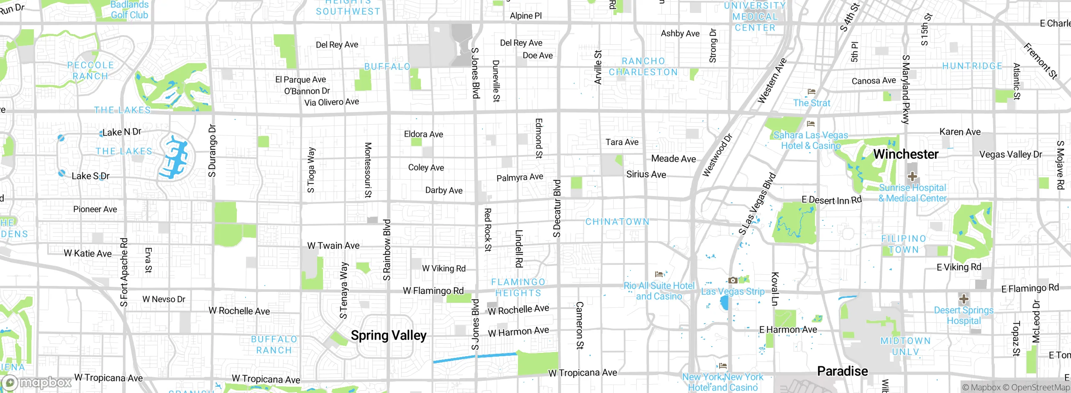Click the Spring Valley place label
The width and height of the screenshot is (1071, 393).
(389, 335)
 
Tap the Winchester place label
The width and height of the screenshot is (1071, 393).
(906, 154)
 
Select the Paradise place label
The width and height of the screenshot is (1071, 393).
(842, 371)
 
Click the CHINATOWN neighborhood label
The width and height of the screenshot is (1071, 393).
(617, 222)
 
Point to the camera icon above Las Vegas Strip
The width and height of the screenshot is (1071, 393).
(733, 281)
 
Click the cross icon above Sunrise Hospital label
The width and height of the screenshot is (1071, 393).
(912, 176)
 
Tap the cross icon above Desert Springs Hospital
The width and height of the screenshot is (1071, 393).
(963, 299)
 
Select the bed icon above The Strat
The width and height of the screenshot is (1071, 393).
(812, 92)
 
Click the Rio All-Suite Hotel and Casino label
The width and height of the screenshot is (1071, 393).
(659, 291)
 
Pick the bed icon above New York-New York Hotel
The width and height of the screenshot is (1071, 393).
(723, 367)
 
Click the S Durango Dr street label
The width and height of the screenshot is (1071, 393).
(213, 151)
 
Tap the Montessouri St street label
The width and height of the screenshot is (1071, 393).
(368, 170)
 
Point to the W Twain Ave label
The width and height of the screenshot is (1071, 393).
(333, 246)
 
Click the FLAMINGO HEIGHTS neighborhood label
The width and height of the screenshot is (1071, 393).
(518, 288)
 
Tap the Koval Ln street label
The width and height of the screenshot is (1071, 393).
(775, 288)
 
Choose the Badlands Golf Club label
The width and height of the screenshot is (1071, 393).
(129, 10)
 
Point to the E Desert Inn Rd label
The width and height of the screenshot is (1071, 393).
(831, 200)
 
